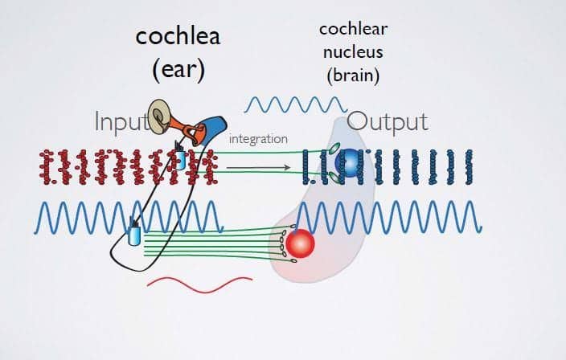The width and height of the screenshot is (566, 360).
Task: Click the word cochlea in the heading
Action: (x=178, y=37)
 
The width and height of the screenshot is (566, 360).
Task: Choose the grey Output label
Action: (x=388, y=122)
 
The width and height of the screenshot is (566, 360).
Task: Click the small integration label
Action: (x=258, y=140)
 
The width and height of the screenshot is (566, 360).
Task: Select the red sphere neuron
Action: (x=300, y=243)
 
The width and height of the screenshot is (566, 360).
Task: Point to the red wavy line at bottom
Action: (x=199, y=283)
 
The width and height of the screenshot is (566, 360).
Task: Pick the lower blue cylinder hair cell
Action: (x=133, y=235)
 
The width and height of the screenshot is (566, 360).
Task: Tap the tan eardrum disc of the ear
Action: (x=160, y=116)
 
